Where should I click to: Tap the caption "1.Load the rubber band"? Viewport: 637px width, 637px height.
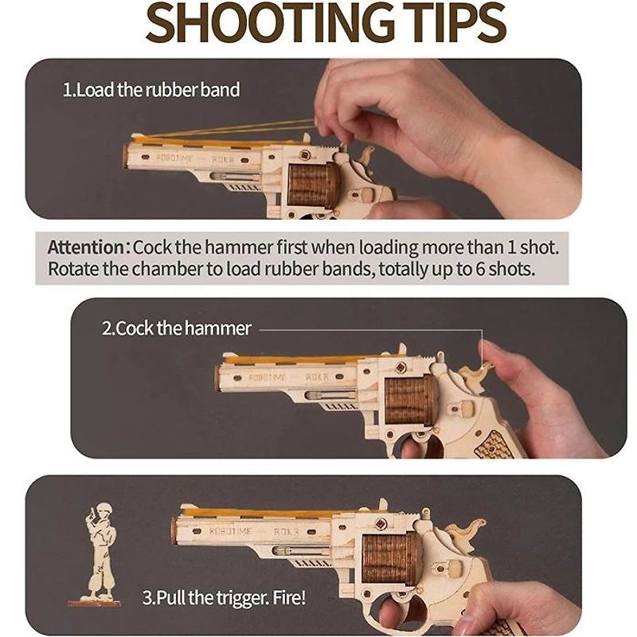151,90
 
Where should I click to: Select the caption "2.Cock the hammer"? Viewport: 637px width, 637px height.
176,328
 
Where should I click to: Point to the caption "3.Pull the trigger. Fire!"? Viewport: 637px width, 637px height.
224,598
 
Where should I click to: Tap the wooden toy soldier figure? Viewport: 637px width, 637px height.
98,553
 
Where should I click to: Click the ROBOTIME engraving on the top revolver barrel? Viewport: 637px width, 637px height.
174,158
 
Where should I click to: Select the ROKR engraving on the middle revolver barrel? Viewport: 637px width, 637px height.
317,377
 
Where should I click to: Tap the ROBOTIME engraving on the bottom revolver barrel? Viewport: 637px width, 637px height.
230,530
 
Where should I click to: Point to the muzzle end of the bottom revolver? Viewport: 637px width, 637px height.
174,531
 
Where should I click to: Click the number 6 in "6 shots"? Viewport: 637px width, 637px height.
481,269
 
